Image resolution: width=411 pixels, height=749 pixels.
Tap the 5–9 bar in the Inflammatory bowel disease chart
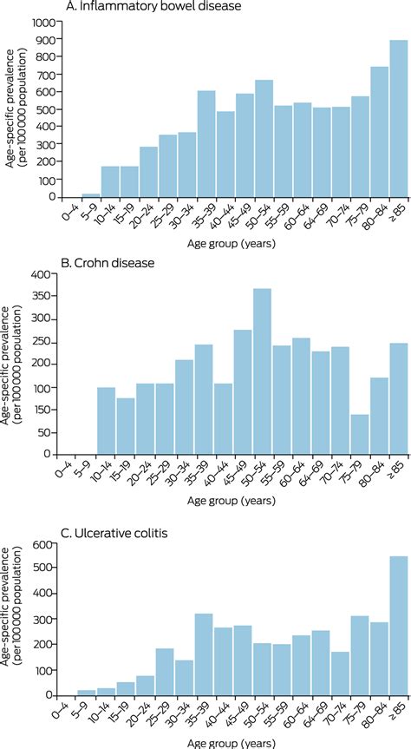click(90, 194)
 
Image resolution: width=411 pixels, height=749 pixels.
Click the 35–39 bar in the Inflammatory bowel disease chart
click(206, 143)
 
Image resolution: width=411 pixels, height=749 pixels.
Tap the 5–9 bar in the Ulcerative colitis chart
click(87, 693)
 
